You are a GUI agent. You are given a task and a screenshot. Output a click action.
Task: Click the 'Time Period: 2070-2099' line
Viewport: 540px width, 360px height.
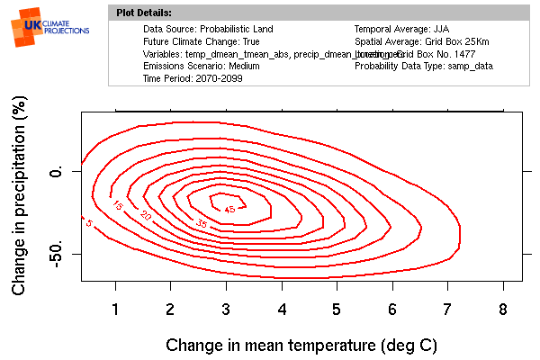[193, 78]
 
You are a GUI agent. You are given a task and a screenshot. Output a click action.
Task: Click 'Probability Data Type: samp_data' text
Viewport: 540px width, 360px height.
[423, 67]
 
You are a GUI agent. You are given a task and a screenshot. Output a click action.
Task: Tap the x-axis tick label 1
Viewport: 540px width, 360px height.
[115, 310]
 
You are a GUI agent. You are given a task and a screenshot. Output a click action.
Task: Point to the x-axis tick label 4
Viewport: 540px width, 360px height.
[282, 310]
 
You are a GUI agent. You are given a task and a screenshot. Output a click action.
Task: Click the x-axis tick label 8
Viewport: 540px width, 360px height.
[504, 310]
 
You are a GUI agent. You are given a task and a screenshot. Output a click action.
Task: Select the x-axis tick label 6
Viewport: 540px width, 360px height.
[392, 310]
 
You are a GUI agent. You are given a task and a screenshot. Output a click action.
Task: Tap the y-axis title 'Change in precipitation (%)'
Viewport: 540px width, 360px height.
[19, 197]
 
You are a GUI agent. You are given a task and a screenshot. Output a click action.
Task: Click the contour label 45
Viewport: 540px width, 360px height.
[229, 209]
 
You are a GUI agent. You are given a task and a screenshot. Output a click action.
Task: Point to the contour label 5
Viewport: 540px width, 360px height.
[88, 222]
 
